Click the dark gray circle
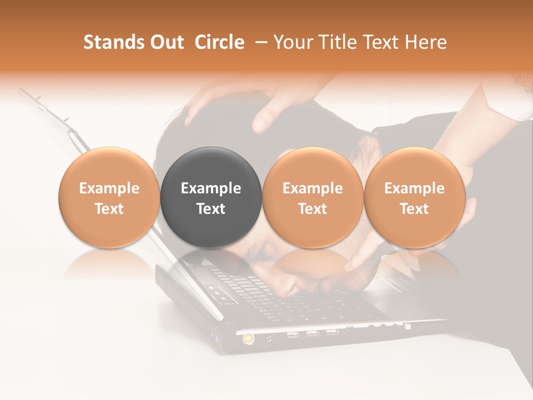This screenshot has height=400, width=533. click(x=211, y=197)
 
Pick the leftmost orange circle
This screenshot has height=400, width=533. click(x=109, y=197)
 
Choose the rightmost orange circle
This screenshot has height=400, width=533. click(x=414, y=197)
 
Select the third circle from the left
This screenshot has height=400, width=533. click(x=313, y=197)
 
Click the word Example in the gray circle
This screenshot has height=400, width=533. click(x=211, y=188)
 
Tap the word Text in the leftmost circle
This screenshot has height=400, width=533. click(x=109, y=209)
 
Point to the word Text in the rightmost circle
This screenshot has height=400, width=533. click(x=414, y=209)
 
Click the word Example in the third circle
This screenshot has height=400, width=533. click(x=313, y=188)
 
